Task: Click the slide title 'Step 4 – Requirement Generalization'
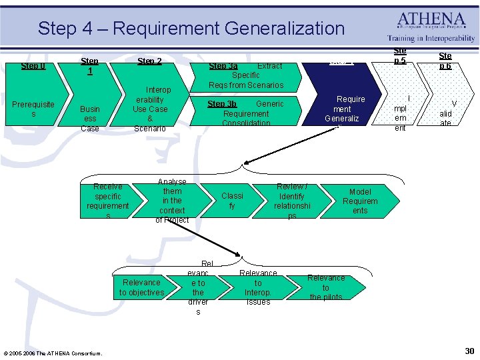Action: click(x=191, y=28)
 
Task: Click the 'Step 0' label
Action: click(x=33, y=66)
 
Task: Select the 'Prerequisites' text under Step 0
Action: click(x=33, y=109)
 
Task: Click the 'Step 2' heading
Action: click(x=149, y=61)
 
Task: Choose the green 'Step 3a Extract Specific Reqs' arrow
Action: click(x=246, y=75)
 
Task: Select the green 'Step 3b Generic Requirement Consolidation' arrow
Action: click(x=246, y=113)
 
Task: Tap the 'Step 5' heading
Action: click(x=400, y=56)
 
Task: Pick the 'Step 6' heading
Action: click(x=445, y=61)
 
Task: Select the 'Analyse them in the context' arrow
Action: click(x=172, y=201)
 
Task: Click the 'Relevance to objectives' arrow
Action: click(x=141, y=287)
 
